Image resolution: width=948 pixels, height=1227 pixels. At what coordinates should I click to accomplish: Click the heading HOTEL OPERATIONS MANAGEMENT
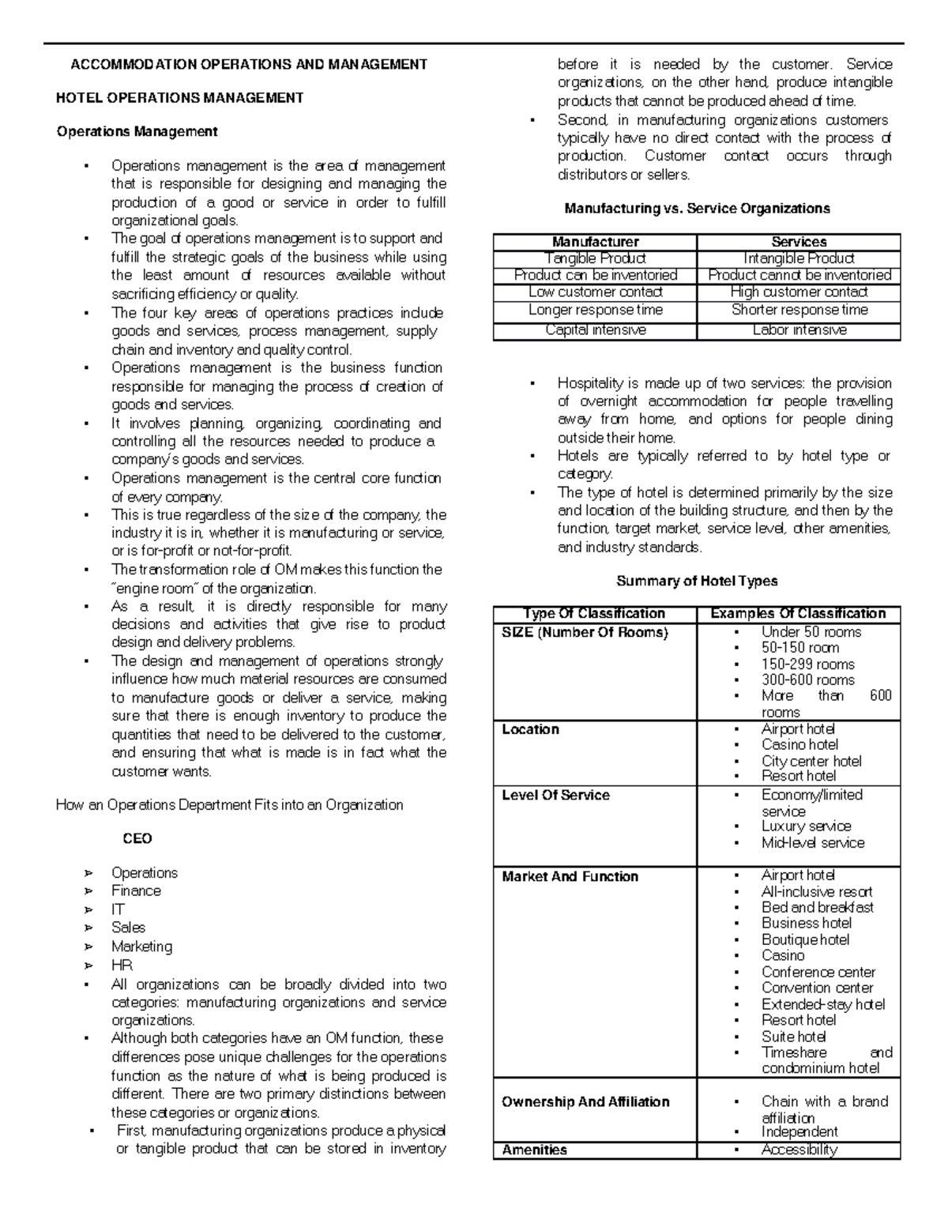click(179, 98)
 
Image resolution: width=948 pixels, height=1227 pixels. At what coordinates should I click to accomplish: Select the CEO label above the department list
click(137, 838)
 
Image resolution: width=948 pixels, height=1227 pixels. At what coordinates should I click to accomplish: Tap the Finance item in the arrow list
click(136, 890)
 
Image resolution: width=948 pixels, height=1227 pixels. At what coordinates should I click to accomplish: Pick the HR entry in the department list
click(122, 965)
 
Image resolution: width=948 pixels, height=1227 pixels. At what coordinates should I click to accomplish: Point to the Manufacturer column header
click(595, 242)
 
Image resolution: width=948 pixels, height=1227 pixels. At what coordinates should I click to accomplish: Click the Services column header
click(799, 242)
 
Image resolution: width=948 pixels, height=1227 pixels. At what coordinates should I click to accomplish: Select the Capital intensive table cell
click(595, 330)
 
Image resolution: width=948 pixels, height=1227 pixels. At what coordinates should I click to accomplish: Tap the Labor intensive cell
click(799, 330)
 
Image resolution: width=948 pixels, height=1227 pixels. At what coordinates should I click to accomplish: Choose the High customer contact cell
click(799, 292)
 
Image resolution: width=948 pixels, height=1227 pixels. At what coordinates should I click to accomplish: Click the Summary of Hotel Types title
click(696, 581)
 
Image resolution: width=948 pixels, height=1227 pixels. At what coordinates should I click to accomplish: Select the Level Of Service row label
click(555, 795)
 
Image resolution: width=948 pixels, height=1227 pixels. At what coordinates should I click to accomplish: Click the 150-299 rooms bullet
click(807, 664)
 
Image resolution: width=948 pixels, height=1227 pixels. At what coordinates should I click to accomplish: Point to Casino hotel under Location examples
click(799, 744)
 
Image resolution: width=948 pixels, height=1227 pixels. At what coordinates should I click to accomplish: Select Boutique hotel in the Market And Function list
click(805, 939)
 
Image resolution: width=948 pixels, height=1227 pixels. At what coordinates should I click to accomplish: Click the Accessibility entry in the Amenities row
click(799, 1150)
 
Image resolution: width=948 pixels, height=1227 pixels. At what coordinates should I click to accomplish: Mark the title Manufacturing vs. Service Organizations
click(697, 209)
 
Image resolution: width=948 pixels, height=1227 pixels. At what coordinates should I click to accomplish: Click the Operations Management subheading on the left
click(137, 131)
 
